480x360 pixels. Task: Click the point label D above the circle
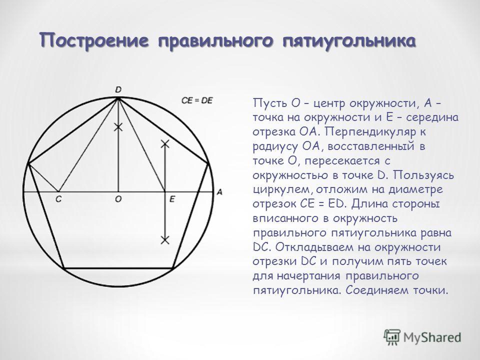118,89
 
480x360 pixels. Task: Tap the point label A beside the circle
219,192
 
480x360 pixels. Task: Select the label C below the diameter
58,199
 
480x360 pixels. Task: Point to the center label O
118,199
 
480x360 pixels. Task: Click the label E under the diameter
172,199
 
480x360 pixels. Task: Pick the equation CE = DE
197,100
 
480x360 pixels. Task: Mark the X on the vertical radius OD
118,127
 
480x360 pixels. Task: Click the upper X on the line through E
165,143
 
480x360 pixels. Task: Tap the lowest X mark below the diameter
165,239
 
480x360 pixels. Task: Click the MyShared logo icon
392,337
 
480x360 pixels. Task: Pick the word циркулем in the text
283,190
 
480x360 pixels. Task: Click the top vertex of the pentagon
118,98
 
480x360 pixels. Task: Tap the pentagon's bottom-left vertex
64,268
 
